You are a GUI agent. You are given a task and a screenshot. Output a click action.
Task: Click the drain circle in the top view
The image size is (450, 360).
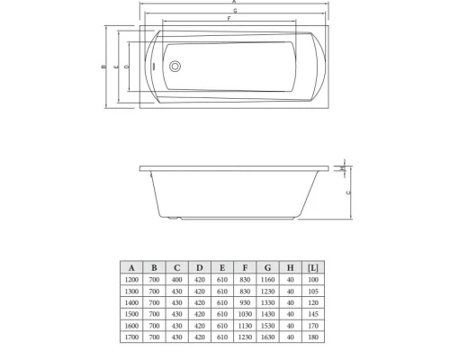coord(175,67)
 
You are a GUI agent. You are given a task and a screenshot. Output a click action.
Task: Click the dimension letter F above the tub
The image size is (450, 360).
coord(229,19)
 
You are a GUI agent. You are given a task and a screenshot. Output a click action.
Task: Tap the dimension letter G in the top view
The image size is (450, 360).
coord(235,11)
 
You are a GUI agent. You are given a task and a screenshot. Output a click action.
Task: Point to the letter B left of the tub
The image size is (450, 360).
coord(103,67)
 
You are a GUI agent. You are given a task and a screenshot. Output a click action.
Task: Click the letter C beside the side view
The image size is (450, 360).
coord(348,193)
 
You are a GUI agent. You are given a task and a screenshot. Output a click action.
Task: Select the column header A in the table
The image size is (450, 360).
coord(131,268)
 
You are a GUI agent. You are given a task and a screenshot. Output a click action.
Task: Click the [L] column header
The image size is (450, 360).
coord(311,268)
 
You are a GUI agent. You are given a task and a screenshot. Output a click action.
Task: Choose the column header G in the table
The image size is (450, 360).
coord(267,268)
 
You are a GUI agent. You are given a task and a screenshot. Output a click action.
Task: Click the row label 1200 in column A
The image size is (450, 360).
coord(131,281)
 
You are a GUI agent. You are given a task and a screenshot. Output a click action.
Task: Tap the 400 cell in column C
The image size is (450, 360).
coord(177,281)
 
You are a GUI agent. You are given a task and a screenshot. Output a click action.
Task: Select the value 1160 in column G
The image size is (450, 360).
coord(267,281)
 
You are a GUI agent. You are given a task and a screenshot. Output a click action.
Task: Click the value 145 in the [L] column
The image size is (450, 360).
coord(311,314)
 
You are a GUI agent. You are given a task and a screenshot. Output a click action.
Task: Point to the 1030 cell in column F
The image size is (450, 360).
coord(245,314)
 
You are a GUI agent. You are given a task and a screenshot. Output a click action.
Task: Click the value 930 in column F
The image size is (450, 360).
coord(245,303)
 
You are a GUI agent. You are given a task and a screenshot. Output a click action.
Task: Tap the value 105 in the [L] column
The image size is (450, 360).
coord(311,292)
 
